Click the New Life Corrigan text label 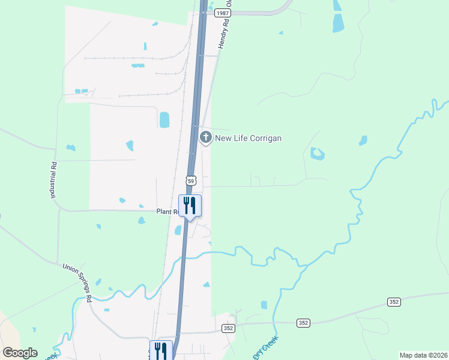click(248, 138)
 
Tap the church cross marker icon click(205, 137)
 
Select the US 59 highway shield click(191, 180)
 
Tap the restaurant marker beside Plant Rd click(190, 206)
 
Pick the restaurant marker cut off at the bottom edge click(161, 350)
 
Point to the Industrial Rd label click(53, 181)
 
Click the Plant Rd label click(167, 212)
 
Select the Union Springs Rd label click(78, 282)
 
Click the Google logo click(20, 353)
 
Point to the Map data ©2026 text click(423, 355)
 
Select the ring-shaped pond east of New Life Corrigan click(317, 154)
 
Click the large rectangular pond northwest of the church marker click(164, 119)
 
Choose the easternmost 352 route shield click(394, 302)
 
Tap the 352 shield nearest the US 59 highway click(228, 328)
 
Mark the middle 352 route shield click(303, 323)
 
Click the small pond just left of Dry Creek click(264, 305)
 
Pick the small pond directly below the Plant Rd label click(142, 221)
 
